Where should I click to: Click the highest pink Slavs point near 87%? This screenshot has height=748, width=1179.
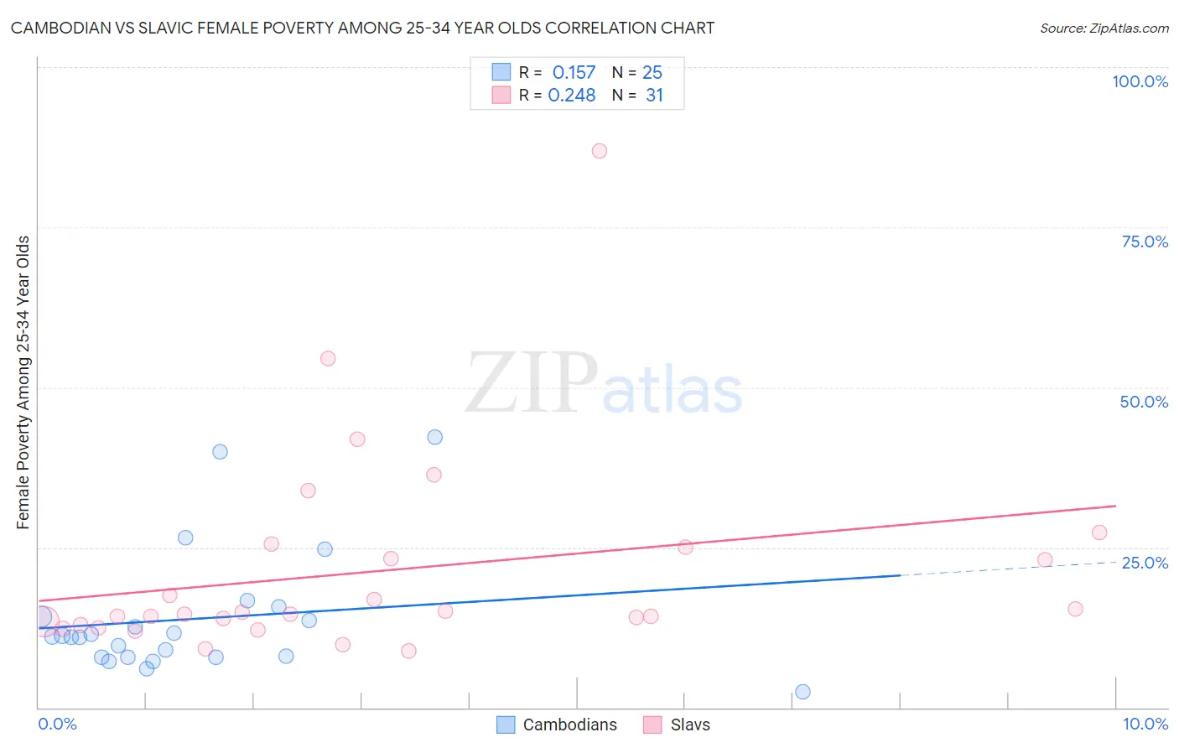point(599,151)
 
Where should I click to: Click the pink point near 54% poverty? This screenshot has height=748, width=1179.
point(328,358)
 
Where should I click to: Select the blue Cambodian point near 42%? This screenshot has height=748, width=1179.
point(434,437)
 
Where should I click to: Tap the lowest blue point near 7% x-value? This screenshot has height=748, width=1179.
point(802,692)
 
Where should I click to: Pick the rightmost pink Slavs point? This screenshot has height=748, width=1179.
point(1099,532)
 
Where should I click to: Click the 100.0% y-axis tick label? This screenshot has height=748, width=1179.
point(1140,81)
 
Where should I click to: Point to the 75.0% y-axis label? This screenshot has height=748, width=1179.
point(1145,242)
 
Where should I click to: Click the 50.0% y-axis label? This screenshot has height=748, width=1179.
point(1144,402)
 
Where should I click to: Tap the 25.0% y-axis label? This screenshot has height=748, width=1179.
point(1145,563)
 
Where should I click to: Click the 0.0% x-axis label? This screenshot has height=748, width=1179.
point(57,724)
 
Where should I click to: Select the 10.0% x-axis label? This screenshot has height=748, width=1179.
point(1145,724)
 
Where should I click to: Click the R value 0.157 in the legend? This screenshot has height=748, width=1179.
point(574,73)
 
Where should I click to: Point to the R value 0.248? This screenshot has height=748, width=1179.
point(572,96)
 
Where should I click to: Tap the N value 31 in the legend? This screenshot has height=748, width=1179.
point(654,96)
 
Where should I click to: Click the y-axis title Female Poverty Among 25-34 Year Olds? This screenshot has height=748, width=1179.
point(23,382)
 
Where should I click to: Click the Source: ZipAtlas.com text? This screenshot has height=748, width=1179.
point(1104,29)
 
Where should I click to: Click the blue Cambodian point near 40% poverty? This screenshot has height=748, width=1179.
point(220,451)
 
